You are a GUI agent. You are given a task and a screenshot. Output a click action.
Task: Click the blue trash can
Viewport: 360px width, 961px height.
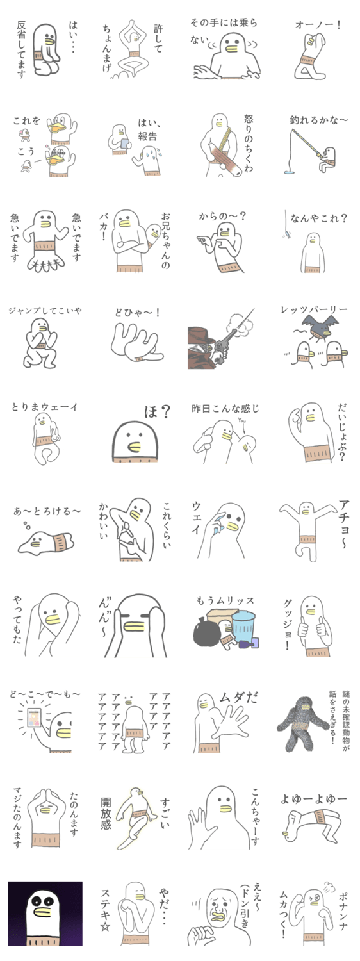click(x=243, y=628)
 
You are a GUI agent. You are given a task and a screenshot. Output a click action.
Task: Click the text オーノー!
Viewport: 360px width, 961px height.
click(x=318, y=24)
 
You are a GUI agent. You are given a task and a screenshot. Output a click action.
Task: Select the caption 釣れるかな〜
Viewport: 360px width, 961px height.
click(x=318, y=120)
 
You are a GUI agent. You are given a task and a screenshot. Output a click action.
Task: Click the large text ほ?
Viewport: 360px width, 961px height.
click(x=158, y=413)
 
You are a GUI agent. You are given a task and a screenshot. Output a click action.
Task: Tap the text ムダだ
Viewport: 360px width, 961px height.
click(x=238, y=698)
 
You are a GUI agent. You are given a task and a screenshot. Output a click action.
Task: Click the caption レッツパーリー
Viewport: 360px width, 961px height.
click(x=314, y=309)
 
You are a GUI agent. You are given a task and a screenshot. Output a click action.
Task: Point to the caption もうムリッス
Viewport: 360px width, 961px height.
click(x=225, y=601)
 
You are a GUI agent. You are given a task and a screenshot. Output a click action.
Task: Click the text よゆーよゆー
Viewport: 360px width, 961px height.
click(x=313, y=799)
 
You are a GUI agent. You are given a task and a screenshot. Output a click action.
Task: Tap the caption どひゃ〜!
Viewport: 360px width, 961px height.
click(x=137, y=313)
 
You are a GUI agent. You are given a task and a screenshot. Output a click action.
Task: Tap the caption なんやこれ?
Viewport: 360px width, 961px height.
click(x=318, y=218)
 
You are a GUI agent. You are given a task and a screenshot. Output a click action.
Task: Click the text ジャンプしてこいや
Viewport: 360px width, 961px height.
click(x=45, y=310)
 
